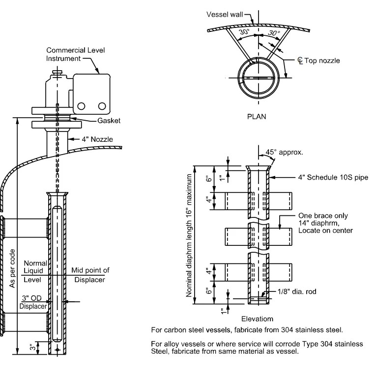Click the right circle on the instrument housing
[x=102, y=105]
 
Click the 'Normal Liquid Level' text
[x=36, y=270]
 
